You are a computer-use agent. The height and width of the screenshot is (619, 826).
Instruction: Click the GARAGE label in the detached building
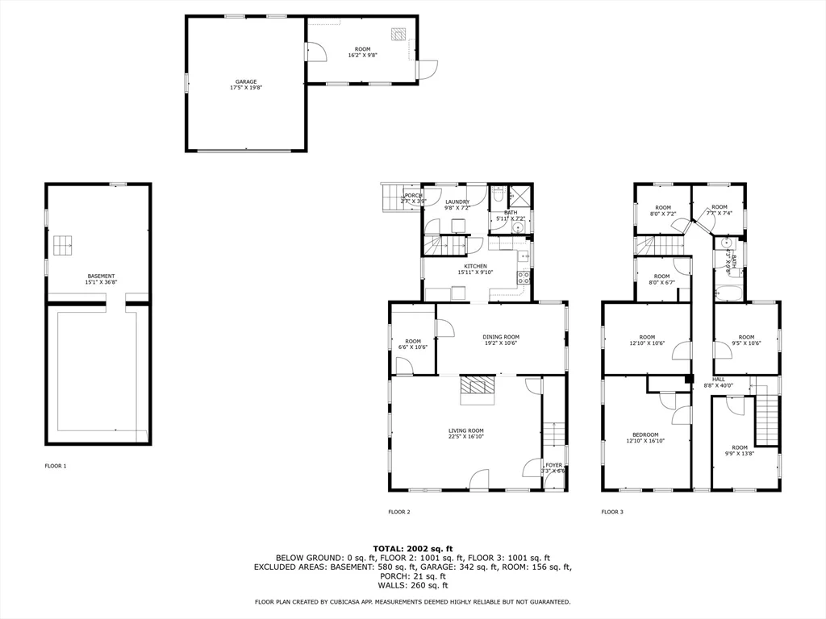click(x=246, y=81)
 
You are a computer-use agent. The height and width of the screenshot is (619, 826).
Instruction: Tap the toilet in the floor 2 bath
click(x=499, y=195)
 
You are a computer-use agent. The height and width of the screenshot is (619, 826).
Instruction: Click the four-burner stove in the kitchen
click(x=524, y=278)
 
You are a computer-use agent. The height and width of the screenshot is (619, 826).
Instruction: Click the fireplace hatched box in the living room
click(x=477, y=389)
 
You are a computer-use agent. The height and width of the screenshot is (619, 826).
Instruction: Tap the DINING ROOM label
click(x=501, y=337)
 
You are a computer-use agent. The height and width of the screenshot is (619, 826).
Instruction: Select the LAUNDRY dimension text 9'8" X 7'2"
click(x=457, y=208)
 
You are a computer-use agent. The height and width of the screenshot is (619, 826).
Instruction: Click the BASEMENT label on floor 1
click(x=101, y=276)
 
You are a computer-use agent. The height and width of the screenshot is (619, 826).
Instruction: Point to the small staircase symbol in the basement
click(x=63, y=244)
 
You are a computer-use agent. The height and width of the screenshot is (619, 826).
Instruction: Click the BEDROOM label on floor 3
click(x=645, y=434)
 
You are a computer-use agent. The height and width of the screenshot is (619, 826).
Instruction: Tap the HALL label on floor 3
click(x=718, y=379)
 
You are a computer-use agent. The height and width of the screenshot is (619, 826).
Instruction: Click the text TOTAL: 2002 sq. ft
click(x=412, y=548)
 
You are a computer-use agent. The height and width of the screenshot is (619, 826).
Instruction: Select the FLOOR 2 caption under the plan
click(x=399, y=512)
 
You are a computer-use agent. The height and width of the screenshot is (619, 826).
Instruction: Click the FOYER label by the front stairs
click(x=553, y=465)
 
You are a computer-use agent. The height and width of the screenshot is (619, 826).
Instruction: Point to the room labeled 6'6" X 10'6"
click(x=414, y=344)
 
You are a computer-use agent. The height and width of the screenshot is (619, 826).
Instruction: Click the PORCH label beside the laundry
click(x=413, y=195)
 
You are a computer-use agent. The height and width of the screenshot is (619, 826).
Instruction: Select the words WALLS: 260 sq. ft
click(x=412, y=585)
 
